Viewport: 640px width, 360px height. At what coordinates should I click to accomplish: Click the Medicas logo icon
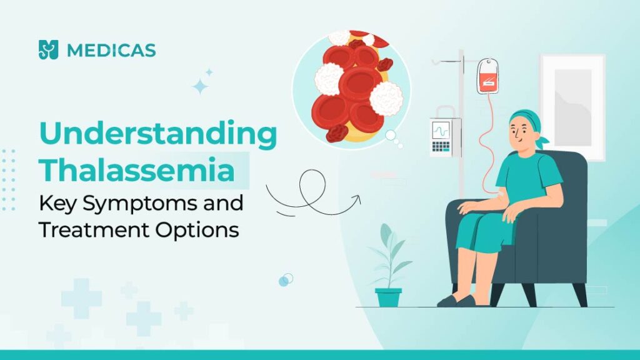tap(49, 49)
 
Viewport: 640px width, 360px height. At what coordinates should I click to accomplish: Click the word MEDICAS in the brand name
tap(111, 50)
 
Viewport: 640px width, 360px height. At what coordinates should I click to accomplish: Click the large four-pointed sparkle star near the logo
tap(199, 86)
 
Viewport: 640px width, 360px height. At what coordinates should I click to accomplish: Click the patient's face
tap(520, 134)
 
